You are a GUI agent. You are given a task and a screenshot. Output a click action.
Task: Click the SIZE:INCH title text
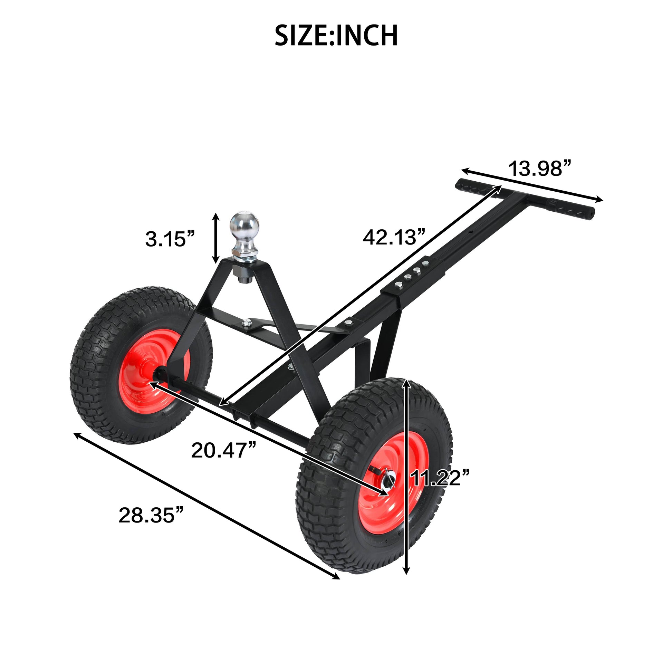336,36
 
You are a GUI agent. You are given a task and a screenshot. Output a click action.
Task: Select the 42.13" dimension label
394,237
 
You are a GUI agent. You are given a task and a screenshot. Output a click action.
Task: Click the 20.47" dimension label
224,450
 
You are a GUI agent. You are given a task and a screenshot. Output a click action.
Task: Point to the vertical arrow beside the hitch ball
216,238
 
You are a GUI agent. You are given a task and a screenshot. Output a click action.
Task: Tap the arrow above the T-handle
532,184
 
